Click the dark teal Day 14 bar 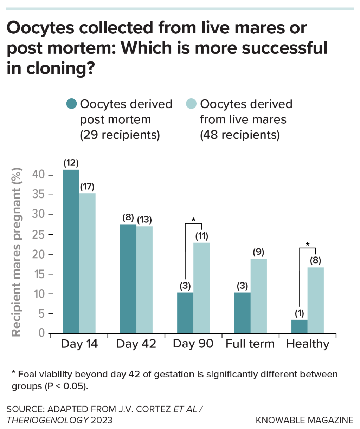71,251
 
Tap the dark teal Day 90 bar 185,313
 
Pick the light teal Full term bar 258,296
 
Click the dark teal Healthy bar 299,326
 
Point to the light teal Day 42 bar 144,279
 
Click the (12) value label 71,163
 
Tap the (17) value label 87,187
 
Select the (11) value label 202,236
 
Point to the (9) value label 258,252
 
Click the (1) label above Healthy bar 299,313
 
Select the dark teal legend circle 71,104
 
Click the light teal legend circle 191,104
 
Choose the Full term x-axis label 250,344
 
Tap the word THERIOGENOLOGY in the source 47,420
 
